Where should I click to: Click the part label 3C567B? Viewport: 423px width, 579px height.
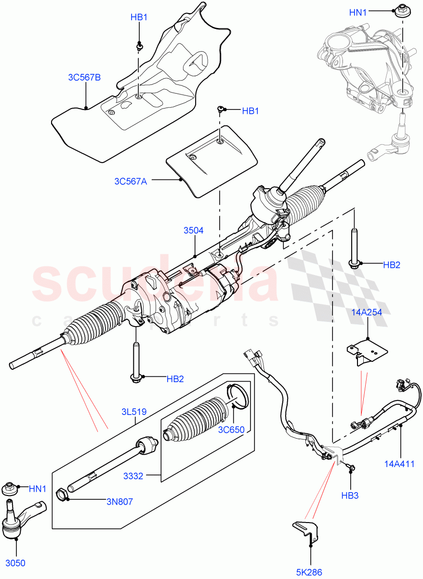pos(84,77)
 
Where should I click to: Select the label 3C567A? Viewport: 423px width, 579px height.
pos(131,181)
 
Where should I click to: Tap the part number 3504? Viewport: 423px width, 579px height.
pos(193,231)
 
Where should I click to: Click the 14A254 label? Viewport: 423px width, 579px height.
pos(366,312)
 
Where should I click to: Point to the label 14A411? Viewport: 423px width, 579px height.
pos(399,465)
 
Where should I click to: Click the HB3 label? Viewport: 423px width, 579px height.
pos(350,496)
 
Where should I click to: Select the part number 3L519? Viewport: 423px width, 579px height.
pos(133,412)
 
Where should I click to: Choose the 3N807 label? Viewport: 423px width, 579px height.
pos(119,502)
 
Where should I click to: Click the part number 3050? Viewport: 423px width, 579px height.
pos(15,563)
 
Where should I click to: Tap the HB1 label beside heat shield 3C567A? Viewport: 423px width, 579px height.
pos(251,111)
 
